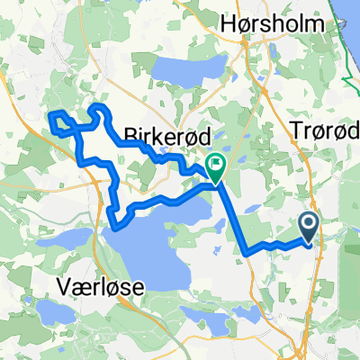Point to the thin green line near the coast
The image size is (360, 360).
point(340,72)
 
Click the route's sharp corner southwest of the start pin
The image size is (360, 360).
point(246,255)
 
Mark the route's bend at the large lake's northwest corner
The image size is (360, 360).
point(112,216)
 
